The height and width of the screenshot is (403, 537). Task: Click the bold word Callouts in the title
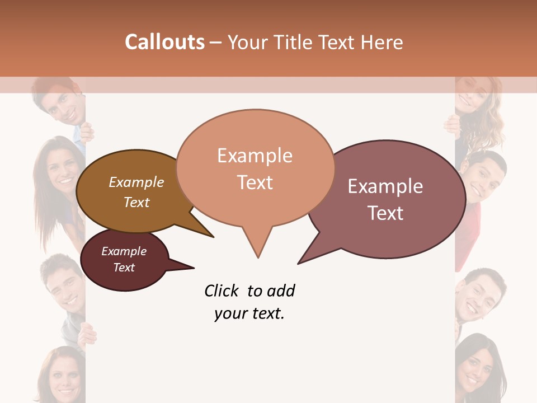point(164,42)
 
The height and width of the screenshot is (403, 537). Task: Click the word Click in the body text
point(222,291)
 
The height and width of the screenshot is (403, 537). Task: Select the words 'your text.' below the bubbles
point(249,313)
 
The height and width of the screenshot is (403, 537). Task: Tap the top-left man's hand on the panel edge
point(87,132)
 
